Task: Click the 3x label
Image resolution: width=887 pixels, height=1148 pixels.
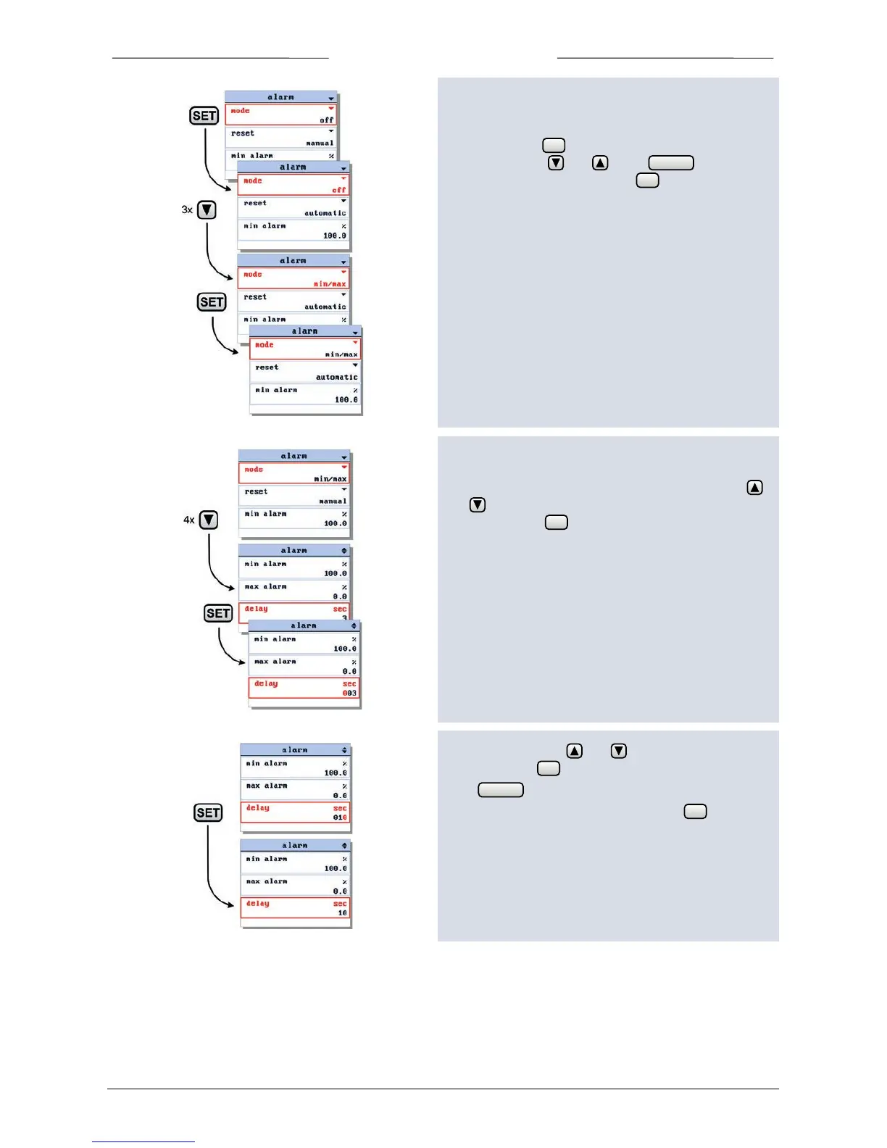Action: point(187,210)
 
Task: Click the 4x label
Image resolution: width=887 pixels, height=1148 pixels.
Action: point(188,520)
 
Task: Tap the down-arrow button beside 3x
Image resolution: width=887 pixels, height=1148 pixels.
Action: point(207,210)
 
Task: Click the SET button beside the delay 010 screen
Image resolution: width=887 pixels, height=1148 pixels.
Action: point(208,812)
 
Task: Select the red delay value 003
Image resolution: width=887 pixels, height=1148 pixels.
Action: point(349,694)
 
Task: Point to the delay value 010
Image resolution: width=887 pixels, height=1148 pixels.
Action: point(340,818)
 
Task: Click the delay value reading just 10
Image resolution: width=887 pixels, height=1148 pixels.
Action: point(342,913)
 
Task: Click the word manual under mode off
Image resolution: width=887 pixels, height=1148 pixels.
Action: point(320,143)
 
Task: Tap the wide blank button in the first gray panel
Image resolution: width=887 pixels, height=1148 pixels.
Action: point(671,163)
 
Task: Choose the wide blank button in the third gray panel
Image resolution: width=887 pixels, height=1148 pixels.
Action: point(501,790)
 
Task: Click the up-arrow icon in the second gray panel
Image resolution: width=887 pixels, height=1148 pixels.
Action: point(754,488)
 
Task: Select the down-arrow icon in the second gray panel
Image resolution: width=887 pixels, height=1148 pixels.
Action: point(478,505)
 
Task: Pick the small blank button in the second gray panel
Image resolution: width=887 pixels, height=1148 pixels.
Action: point(556,523)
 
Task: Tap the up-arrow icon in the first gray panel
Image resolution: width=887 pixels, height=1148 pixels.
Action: point(600,163)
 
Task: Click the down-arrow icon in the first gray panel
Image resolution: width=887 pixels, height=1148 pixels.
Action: point(556,163)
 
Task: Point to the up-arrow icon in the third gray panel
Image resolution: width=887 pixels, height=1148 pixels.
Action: point(574,751)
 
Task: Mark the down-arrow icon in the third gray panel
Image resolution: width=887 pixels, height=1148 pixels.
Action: point(619,751)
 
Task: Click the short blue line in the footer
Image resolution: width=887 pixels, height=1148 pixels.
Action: point(143,1141)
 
